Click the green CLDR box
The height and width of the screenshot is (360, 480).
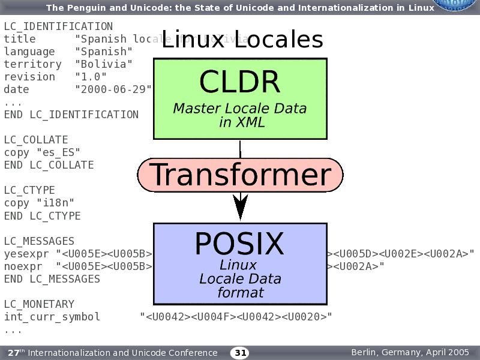pos(240,99)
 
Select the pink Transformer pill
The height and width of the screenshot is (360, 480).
pos(240,175)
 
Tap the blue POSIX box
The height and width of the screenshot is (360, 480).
pos(240,264)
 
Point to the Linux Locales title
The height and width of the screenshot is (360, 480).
pos(242,40)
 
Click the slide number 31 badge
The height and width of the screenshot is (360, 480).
pos(240,353)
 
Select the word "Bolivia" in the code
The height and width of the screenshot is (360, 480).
pos(104,64)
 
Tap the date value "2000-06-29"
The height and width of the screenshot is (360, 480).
pos(113,89)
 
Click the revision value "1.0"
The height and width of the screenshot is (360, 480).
pos(91,77)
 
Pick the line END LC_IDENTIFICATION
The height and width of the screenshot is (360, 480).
pos(71,115)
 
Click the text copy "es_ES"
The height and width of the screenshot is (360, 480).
pos(42,152)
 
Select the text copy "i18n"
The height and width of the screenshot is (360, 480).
pos(39,203)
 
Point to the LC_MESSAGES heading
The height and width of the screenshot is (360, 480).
pos(39,241)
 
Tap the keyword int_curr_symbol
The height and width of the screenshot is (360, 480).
pos(52,317)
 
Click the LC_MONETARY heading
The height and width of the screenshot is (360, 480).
pos(39,304)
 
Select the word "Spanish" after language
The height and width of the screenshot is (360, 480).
pos(104,52)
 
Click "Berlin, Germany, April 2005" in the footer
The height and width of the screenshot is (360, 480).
pos(410,352)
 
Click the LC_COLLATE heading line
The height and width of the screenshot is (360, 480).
pos(36,140)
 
